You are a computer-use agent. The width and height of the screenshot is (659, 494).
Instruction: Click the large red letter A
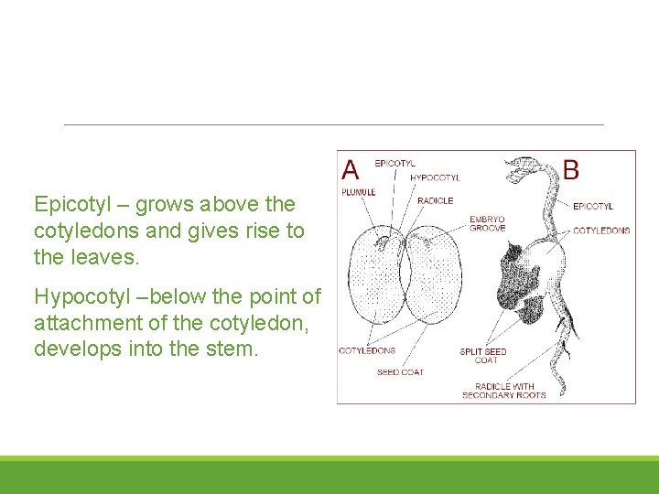351,169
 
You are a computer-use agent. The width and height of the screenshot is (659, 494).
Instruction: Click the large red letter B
571,169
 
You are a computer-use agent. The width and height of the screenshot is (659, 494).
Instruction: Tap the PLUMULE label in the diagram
358,192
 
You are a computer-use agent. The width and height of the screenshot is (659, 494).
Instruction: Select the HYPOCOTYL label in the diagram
435,177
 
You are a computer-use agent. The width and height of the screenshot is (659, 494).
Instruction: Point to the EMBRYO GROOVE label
487,223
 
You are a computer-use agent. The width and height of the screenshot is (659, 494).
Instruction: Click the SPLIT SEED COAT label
482,356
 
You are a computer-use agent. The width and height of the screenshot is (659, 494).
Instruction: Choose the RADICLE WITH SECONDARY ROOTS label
503,391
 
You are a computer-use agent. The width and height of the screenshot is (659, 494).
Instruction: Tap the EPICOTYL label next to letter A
394,163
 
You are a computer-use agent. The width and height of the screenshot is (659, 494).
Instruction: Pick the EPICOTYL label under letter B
593,207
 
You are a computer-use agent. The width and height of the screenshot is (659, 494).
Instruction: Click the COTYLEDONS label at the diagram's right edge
601,231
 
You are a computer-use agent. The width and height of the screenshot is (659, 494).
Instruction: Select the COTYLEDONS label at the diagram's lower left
367,350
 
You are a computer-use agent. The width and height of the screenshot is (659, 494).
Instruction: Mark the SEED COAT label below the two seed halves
400,372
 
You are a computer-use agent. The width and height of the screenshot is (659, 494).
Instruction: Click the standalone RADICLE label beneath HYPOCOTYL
435,200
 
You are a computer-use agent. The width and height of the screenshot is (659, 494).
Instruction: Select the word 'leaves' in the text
103,258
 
